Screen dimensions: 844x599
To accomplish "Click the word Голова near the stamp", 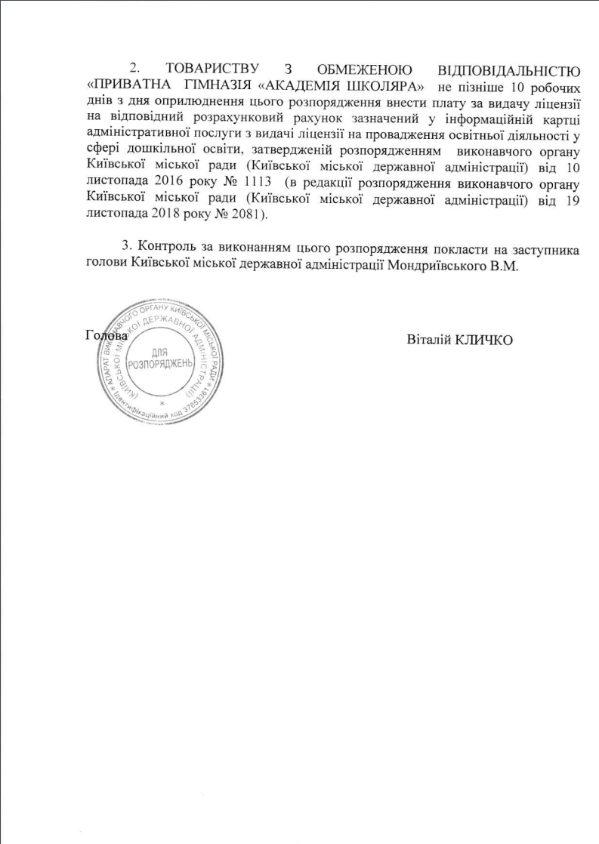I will coord(107,337).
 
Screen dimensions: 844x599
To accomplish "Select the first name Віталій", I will coord(427,338).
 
